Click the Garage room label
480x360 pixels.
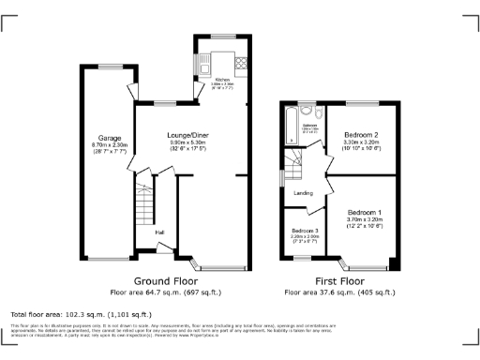97,138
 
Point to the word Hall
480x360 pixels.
160,232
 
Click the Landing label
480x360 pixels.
303,193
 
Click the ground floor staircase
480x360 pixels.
144,202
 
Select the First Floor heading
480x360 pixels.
338,280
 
